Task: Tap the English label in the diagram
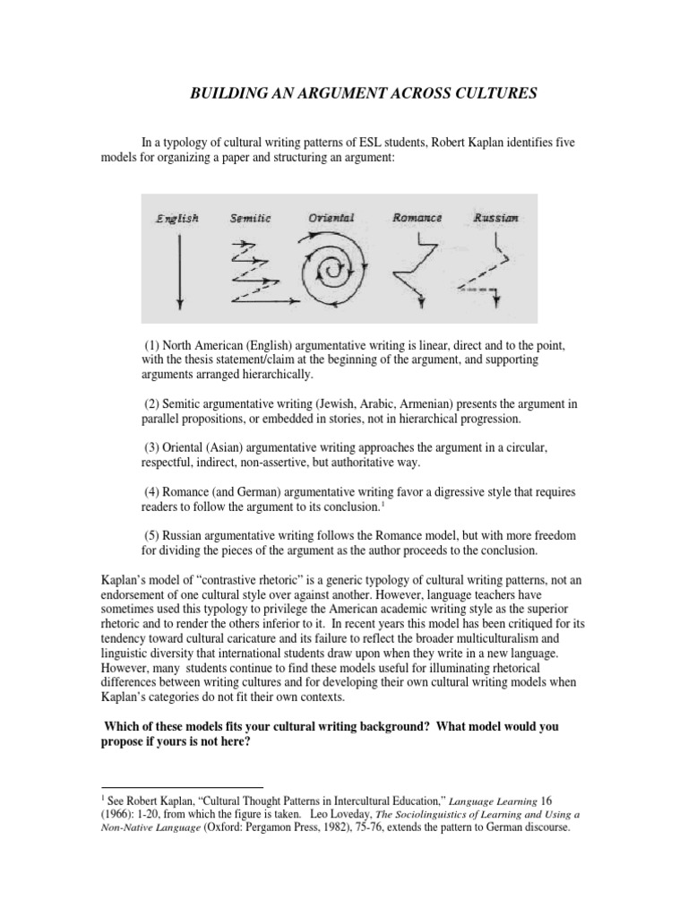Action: pyautogui.click(x=176, y=218)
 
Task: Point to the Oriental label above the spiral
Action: pyautogui.click(x=331, y=218)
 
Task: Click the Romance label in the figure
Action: pyautogui.click(x=417, y=218)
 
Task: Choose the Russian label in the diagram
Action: pyautogui.click(x=494, y=218)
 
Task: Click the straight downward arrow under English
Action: pyautogui.click(x=180, y=269)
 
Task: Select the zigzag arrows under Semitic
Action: pyautogui.click(x=254, y=269)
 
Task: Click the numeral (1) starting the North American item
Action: pyautogui.click(x=151, y=346)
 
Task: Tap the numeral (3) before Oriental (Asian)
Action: pyautogui.click(x=151, y=446)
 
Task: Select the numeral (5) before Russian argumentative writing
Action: pyautogui.click(x=151, y=535)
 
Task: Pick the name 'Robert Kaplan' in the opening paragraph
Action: pyautogui.click(x=491, y=142)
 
